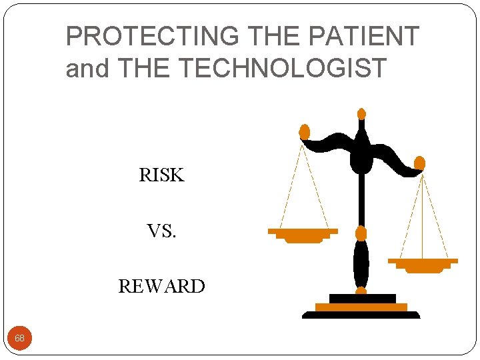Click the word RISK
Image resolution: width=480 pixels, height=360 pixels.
click(x=161, y=175)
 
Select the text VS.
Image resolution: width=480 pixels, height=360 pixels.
click(x=161, y=231)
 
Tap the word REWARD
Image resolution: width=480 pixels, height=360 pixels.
click(x=161, y=287)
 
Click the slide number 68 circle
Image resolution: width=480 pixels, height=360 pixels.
click(x=20, y=338)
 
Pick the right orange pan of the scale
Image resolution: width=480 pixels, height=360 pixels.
click(x=423, y=265)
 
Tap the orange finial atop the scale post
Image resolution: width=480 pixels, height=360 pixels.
click(x=361, y=114)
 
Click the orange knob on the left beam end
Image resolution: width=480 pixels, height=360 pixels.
click(x=305, y=131)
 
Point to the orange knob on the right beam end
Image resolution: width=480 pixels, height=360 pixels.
click(x=419, y=163)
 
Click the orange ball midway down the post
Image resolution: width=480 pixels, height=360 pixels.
click(x=361, y=233)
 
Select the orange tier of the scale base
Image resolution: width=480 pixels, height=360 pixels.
click(x=361, y=307)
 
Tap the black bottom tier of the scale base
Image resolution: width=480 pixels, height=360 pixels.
click(x=361, y=315)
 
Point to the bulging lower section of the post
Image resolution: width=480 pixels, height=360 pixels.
click(x=361, y=263)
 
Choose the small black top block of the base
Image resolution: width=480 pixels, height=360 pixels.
click(x=362, y=298)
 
